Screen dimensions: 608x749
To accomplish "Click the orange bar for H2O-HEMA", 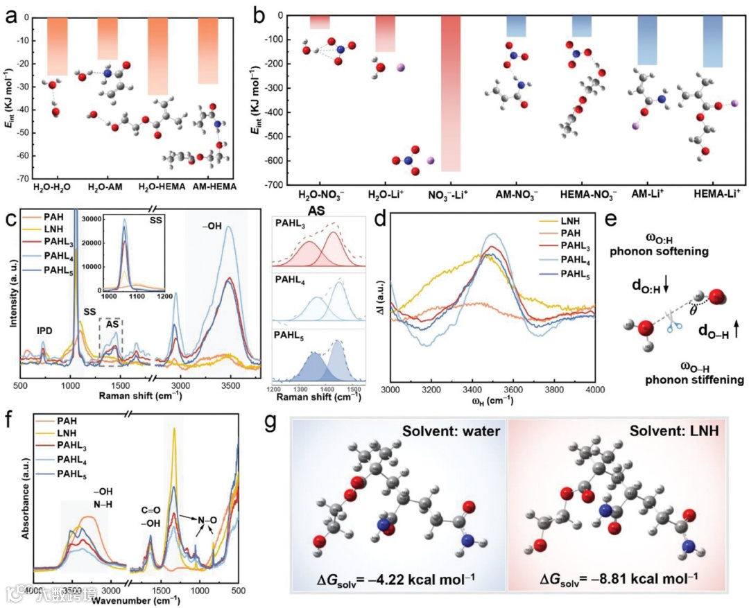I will [158, 55].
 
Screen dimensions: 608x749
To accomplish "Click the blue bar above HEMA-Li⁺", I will [712, 42].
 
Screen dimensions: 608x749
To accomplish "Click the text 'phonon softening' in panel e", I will [659, 252].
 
